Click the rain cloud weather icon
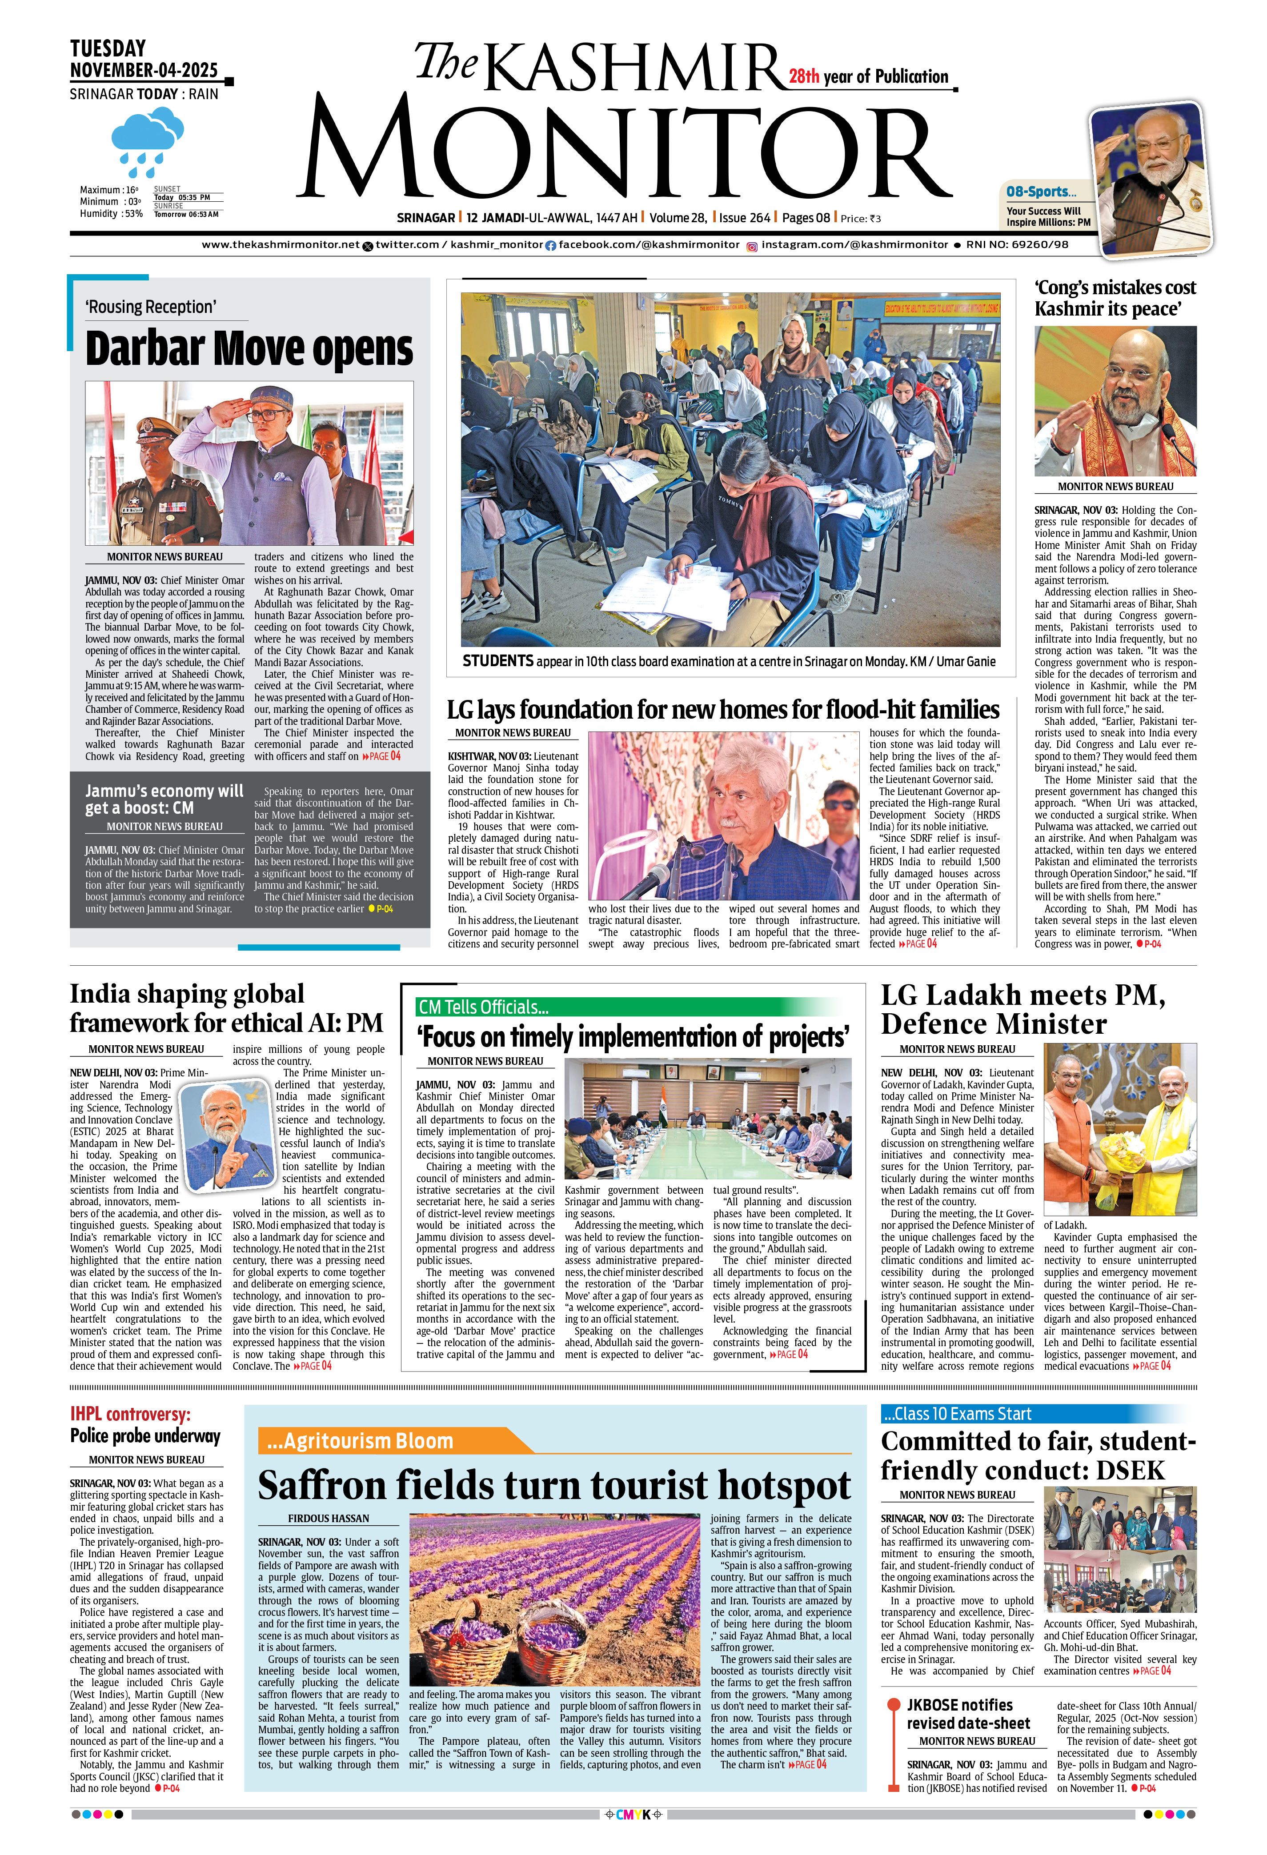(148, 142)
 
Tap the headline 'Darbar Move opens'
(249, 349)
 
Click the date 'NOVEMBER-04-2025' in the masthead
(144, 70)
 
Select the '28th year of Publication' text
(869, 76)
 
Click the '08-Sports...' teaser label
(1040, 192)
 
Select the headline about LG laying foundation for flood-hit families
(722, 710)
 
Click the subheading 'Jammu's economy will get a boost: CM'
(164, 799)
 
